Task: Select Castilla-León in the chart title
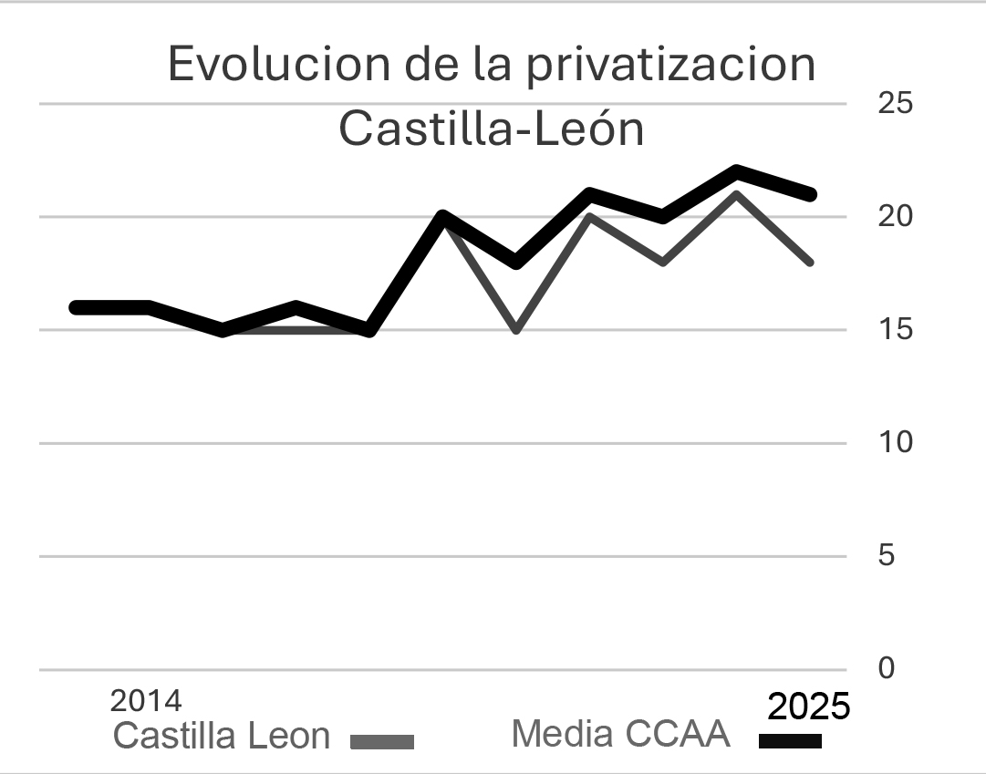492,129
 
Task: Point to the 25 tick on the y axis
895,102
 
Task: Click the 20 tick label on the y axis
895,216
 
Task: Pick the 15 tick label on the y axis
895,329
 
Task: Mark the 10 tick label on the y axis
895,442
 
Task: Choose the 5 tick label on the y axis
887,555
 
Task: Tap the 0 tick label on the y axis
887,668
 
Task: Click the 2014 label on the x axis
146,701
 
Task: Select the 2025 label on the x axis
808,707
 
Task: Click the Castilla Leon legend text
221,736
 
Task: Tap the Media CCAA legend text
620,733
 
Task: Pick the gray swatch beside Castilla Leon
382,742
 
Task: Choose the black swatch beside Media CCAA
790,741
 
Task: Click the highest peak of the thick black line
736,171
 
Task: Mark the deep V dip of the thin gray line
516,328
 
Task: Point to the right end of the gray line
809,262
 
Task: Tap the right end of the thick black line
810,194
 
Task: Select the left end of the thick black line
77,307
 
